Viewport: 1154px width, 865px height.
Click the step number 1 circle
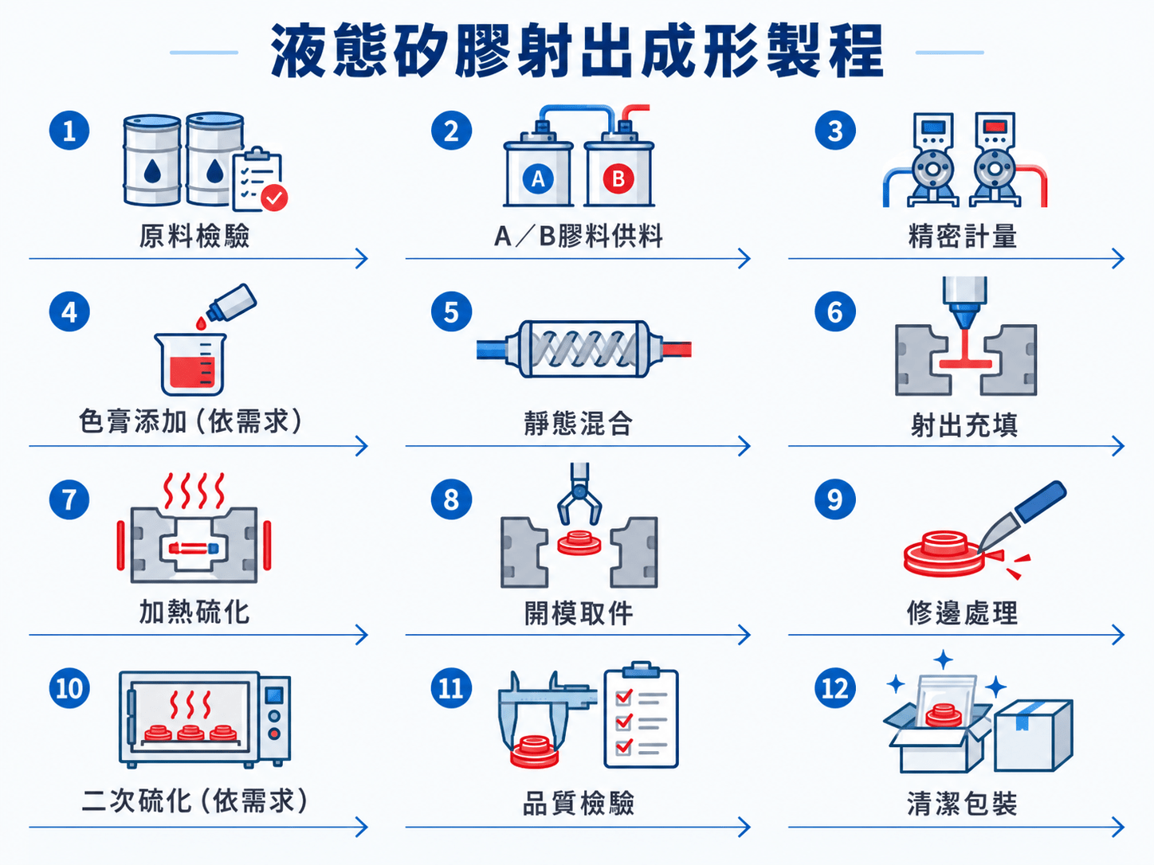(69, 131)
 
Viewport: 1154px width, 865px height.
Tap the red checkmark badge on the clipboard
(274, 198)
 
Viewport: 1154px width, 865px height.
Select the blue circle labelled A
(538, 179)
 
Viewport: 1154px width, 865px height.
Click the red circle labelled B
(618, 179)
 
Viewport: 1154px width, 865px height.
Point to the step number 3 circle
(835, 131)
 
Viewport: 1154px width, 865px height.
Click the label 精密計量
(962, 236)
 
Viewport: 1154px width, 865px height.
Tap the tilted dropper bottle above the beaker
(231, 303)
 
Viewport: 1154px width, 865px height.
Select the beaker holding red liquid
(190, 364)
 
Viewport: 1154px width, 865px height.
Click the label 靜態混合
(579, 423)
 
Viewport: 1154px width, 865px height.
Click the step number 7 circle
(69, 499)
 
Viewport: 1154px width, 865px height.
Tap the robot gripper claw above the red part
(579, 494)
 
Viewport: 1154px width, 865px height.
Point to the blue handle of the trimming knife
(1041, 501)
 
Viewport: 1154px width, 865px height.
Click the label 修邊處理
(962, 613)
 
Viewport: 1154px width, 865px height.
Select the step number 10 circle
(69, 688)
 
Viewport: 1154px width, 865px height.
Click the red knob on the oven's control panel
(274, 734)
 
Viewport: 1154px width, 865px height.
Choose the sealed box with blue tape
(1034, 735)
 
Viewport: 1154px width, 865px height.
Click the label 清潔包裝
(962, 803)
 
